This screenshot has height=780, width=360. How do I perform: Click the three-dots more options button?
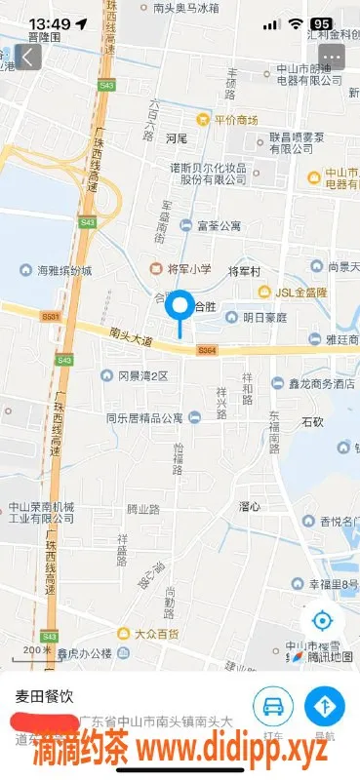[334, 57]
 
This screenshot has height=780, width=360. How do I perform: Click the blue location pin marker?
[180, 308]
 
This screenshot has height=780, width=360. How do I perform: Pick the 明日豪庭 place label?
[264, 317]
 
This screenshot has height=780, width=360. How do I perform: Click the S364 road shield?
[206, 349]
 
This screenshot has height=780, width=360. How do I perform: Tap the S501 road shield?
[51, 316]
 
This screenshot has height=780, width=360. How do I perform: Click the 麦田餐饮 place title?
[43, 697]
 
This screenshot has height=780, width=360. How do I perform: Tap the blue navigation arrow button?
[325, 707]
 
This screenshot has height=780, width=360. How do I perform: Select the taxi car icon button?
[273, 707]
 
